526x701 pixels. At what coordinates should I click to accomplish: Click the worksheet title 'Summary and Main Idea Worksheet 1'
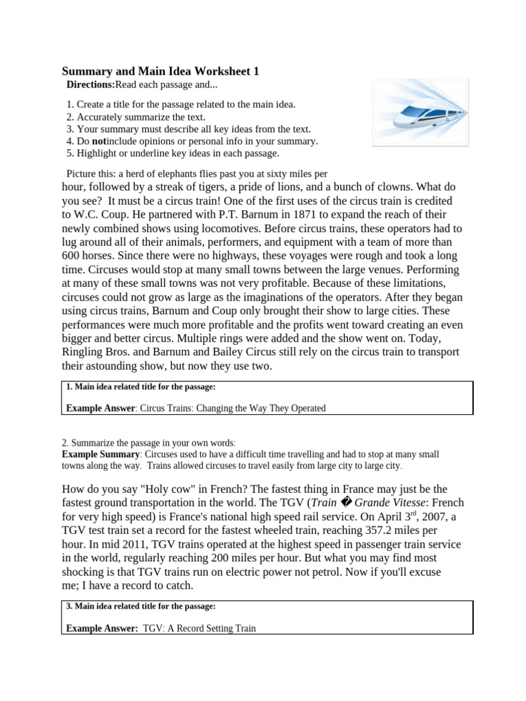(160, 71)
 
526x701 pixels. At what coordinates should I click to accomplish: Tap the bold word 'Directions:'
(90, 85)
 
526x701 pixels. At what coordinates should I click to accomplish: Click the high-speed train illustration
(420, 113)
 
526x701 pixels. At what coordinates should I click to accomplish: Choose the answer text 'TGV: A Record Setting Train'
(199, 628)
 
